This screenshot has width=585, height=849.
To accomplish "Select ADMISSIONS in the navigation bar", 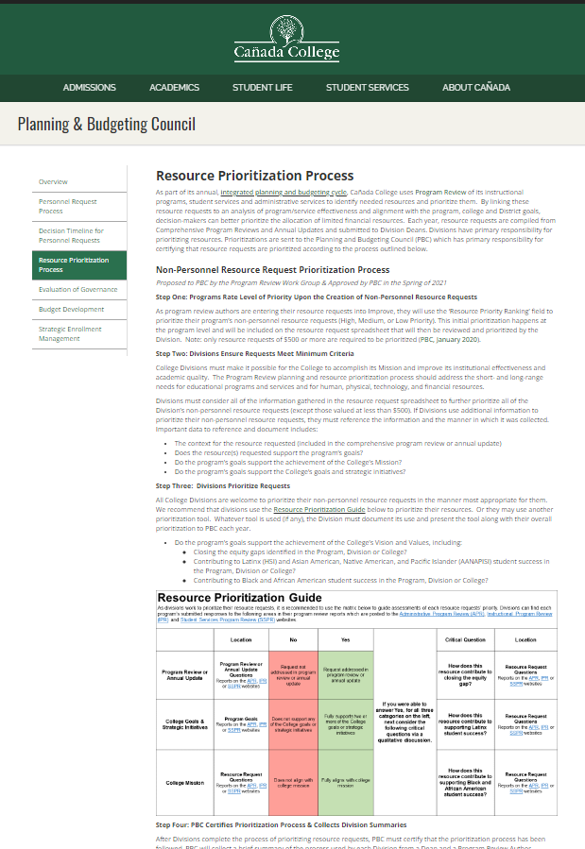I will pos(89,88).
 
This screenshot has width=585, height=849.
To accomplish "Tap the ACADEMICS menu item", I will pos(174,88).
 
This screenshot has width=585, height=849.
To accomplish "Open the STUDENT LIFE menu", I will pos(262,88).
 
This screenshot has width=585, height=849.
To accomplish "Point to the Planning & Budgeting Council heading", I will pos(107,124).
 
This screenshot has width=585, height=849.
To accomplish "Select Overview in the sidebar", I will pos(53,180).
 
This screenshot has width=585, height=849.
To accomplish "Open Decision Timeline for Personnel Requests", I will pos(71,235).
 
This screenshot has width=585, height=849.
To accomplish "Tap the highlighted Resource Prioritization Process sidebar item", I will pos(74,264).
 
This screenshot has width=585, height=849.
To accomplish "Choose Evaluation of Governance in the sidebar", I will pos(77,289).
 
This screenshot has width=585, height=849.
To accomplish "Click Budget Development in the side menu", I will pos(71,309).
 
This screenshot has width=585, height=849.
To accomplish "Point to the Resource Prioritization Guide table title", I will pos(239,598).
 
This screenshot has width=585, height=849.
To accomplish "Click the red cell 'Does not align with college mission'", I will pos(294,782).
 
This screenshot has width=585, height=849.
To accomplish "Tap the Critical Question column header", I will pos(464,639).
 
